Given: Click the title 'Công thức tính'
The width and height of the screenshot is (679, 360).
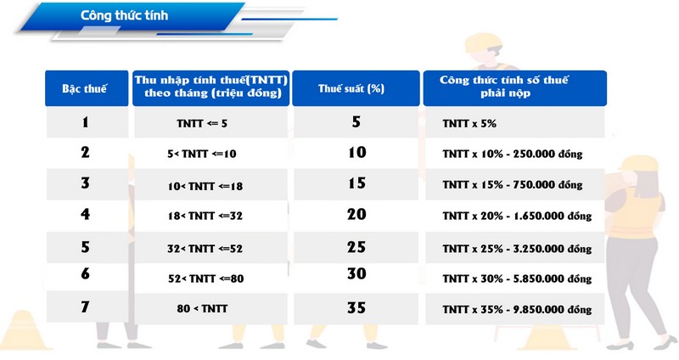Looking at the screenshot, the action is pos(124,15).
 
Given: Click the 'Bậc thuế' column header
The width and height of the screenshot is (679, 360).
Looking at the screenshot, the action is pos(84,89).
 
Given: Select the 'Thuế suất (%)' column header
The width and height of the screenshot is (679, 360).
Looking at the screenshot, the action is pos(351,89).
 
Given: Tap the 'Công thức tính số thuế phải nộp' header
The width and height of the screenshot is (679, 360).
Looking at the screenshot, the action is pos(504,87).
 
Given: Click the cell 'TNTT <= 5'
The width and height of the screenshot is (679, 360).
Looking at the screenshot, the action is pos(202,123).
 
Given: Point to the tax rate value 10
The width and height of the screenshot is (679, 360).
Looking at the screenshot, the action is pos(357,152).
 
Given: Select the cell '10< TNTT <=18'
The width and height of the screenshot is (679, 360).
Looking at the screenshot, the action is pos(205,186).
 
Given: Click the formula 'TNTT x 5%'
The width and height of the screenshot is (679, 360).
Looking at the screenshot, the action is pos(469,123).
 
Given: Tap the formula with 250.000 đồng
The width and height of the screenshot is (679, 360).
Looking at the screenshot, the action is pos(513,154).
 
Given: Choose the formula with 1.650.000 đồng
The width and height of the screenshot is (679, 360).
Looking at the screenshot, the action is pos(517,216).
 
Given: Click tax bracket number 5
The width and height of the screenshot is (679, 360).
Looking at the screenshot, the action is pos(86,247).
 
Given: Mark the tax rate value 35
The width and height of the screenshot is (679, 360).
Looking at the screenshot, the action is pos(356,308).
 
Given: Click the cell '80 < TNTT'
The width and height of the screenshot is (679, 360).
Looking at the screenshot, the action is pos(202,308).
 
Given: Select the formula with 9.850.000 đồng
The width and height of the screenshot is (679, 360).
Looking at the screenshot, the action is pos(517,309).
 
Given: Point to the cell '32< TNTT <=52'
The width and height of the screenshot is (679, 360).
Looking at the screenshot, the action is pos(205,249).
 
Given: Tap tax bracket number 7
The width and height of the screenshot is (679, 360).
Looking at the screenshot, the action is pos(86,307).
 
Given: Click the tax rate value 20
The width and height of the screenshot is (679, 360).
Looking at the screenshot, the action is pos(356,214).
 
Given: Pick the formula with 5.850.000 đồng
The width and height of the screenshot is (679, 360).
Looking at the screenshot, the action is pos(517,278).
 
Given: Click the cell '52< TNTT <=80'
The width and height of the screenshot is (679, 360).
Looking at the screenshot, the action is pos(206,278).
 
